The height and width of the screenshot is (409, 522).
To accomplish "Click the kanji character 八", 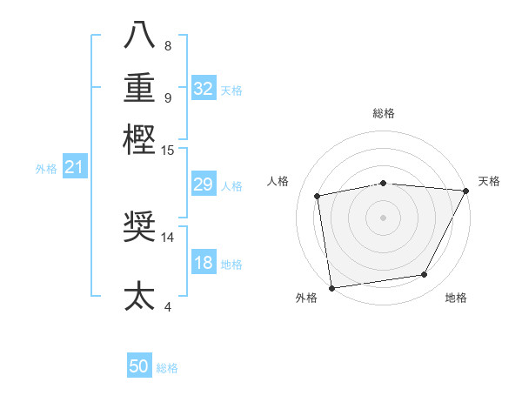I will pyautogui.click(x=139, y=36).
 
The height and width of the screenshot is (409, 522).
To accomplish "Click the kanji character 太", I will pyautogui.click(x=139, y=295).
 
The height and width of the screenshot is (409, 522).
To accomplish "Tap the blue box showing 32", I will pyautogui.click(x=203, y=89).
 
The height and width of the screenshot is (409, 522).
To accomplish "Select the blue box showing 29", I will pyautogui.click(x=203, y=184).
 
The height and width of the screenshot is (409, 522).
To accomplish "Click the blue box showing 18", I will pyautogui.click(x=203, y=263).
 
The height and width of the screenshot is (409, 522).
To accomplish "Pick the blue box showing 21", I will pyautogui.click(x=74, y=167).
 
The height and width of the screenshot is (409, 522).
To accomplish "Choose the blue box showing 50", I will pyautogui.click(x=139, y=367).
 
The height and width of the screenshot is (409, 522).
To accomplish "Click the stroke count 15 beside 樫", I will pyautogui.click(x=168, y=151).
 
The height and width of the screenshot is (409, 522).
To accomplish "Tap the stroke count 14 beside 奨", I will pyautogui.click(x=168, y=236).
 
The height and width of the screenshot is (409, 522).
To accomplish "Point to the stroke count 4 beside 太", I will pyautogui.click(x=168, y=305).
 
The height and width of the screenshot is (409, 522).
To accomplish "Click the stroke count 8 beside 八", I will pyautogui.click(x=168, y=46).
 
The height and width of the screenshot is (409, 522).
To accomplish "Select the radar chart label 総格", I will pyautogui.click(x=383, y=113).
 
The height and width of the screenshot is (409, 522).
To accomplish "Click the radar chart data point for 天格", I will pyautogui.click(x=465, y=191).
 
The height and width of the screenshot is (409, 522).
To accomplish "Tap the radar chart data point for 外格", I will pyautogui.click(x=331, y=287).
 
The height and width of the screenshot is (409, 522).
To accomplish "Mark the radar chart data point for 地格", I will pyautogui.click(x=425, y=275).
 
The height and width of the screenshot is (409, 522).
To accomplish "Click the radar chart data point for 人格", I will pyautogui.click(x=318, y=196).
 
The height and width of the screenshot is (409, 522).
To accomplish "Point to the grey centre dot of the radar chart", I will pyautogui.click(x=383, y=217).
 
